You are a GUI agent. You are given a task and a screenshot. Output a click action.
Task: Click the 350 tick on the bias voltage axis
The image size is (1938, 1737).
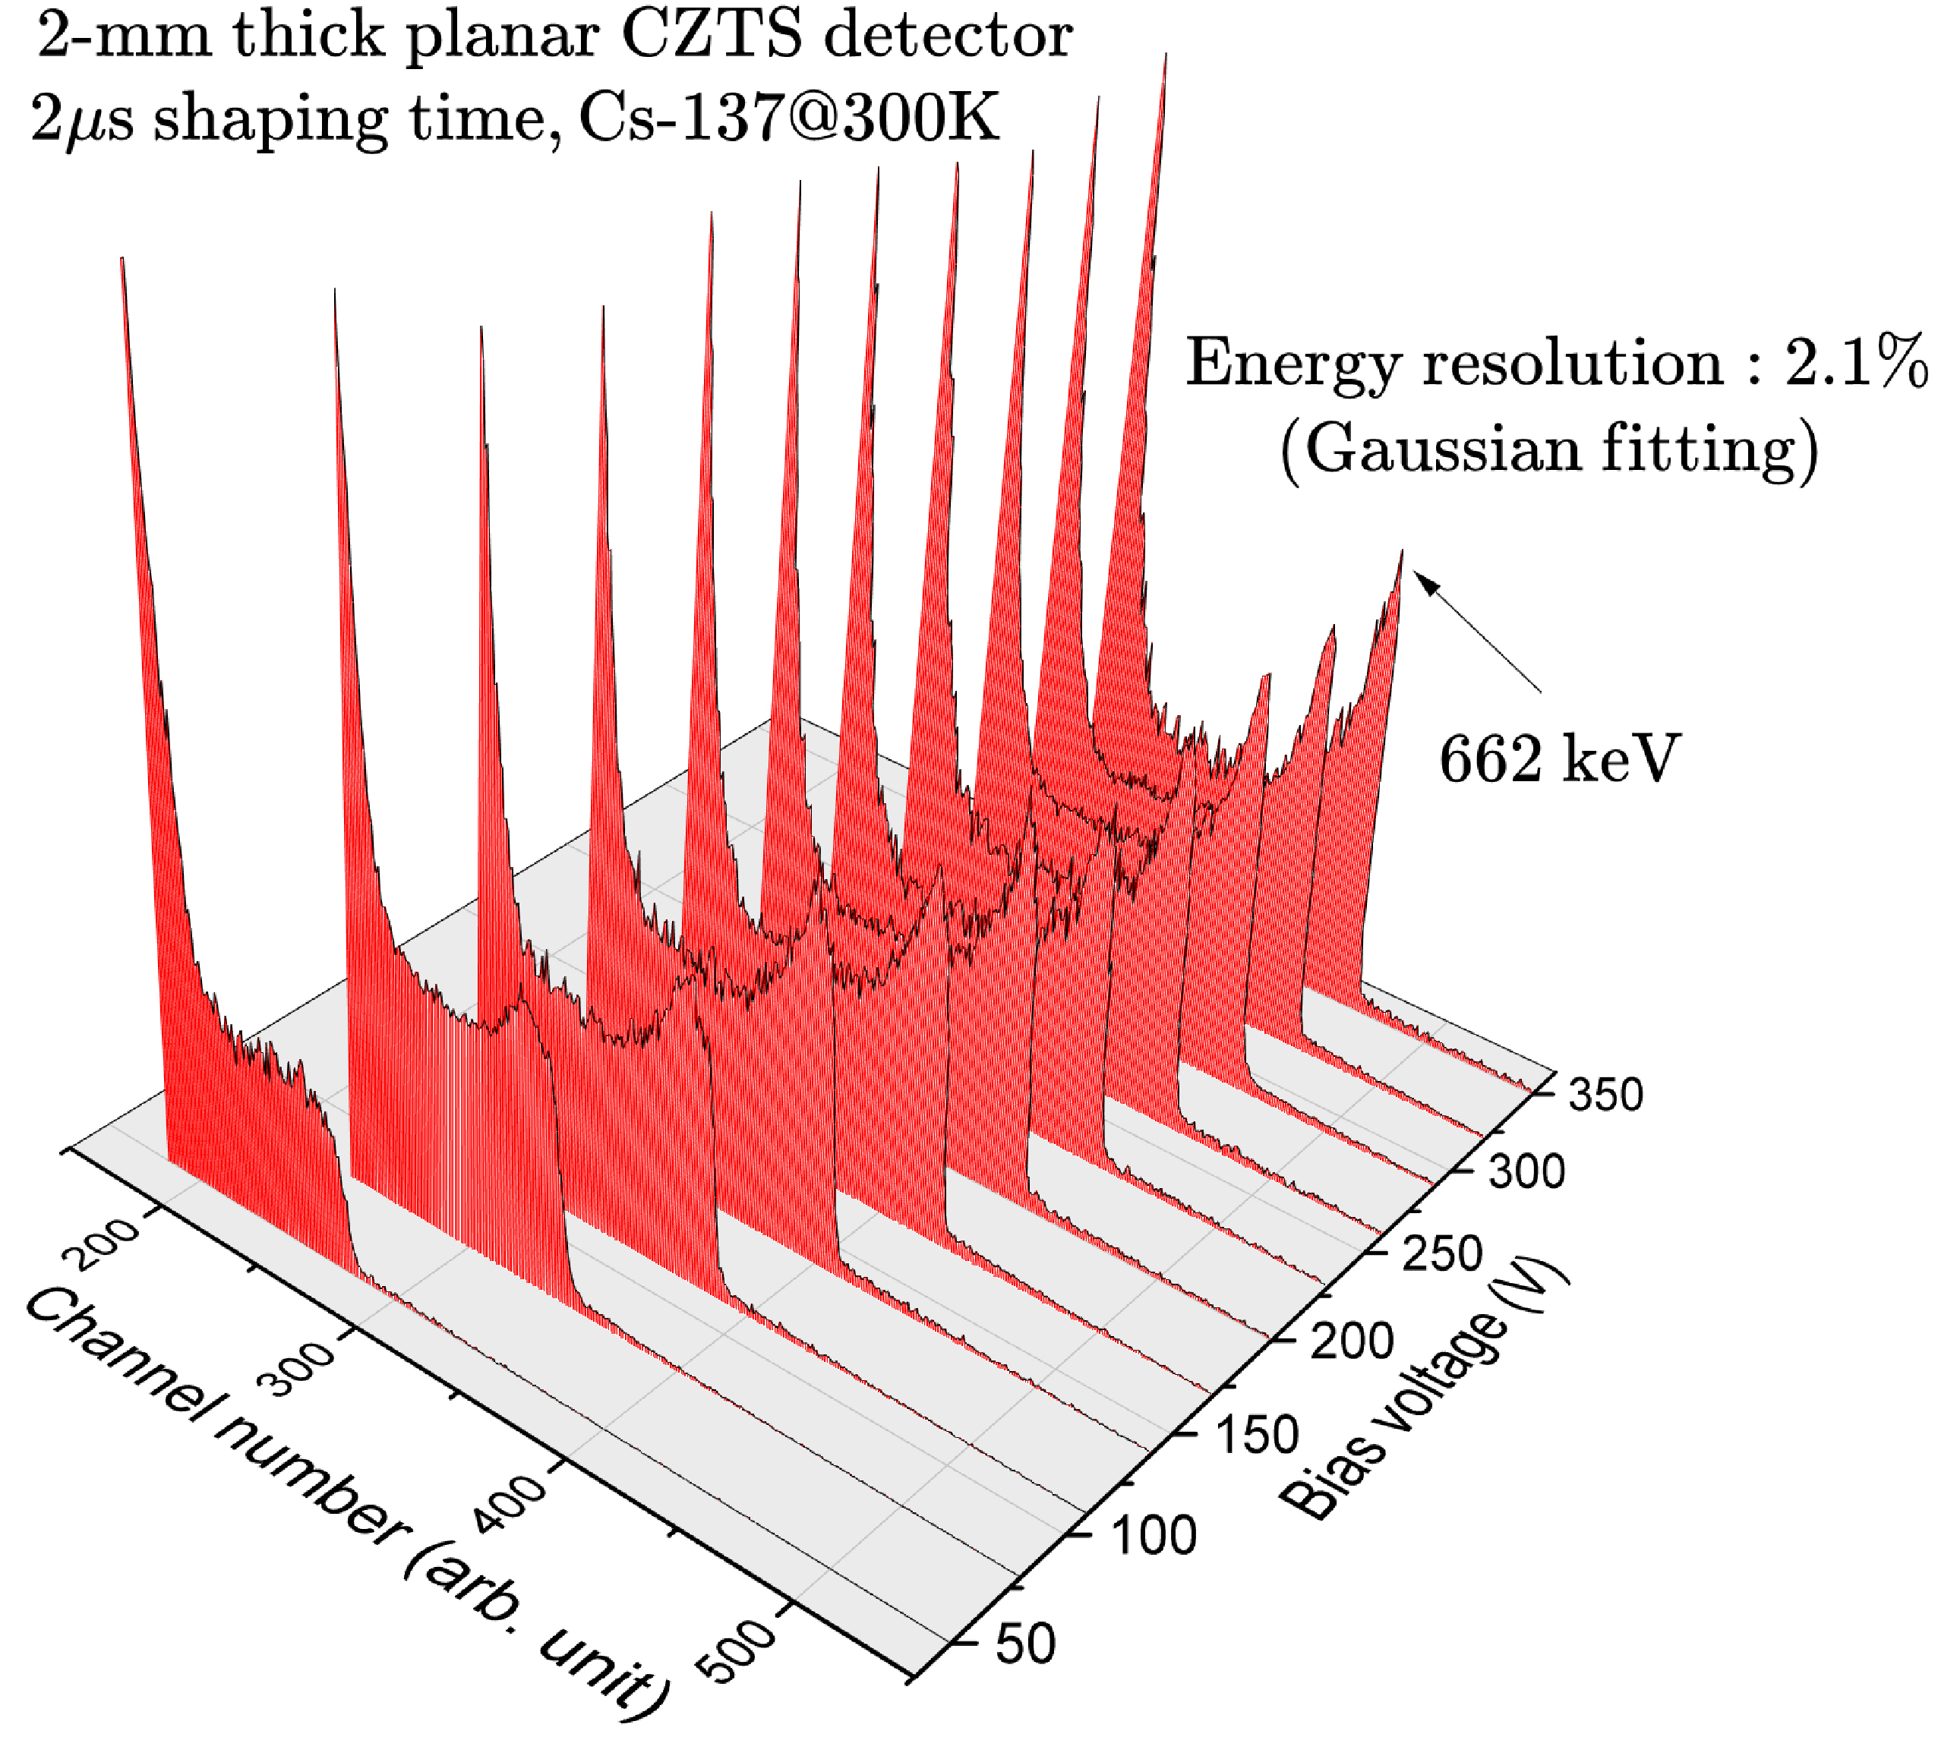tap(1605, 1094)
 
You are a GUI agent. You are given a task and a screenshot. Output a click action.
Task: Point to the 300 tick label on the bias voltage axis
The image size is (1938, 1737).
tap(1526, 1172)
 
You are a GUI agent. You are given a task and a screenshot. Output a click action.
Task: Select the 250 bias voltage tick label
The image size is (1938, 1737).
tap(1443, 1253)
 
